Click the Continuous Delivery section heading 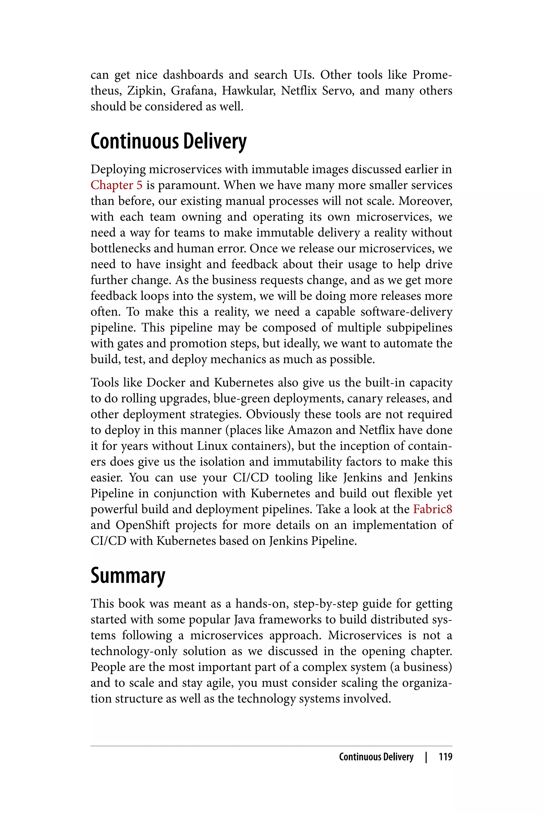click(x=168, y=141)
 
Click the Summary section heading click(x=128, y=576)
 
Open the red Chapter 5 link click(x=116, y=185)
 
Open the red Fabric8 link click(x=432, y=509)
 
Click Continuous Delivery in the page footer click(x=376, y=757)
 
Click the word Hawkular click(x=249, y=91)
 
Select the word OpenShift click(x=143, y=525)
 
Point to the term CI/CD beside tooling click(x=251, y=477)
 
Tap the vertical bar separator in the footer click(x=426, y=757)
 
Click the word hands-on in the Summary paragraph click(x=262, y=604)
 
